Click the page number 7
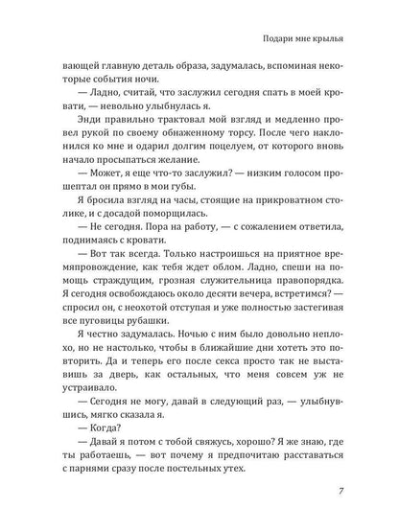(355, 492)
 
